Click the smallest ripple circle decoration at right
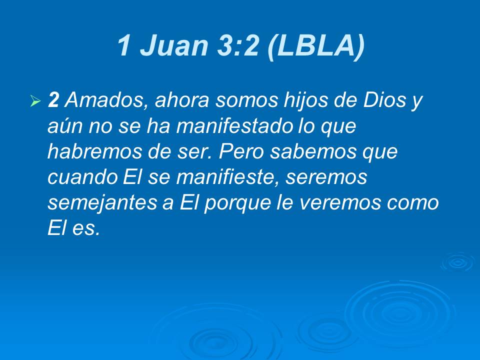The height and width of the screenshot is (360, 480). pos(456,262)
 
